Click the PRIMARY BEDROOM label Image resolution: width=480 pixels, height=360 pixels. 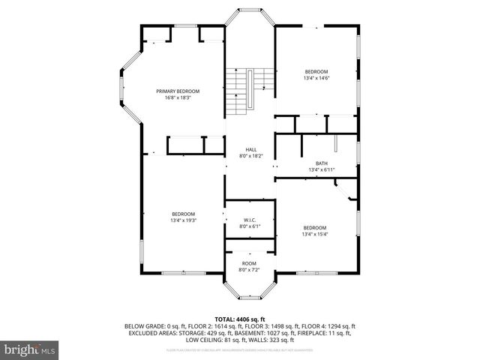(x=178, y=91)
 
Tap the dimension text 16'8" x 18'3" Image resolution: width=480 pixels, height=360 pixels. (x=178, y=97)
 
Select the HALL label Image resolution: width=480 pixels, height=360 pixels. (x=251, y=150)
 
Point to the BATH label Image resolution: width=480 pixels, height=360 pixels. (x=322, y=163)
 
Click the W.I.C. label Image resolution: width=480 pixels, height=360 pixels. (x=250, y=220)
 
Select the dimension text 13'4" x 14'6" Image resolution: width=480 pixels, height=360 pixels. (x=316, y=78)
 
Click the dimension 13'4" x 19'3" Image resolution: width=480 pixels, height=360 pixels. (x=183, y=220)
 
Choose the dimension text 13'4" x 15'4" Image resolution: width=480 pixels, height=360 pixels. (x=314, y=234)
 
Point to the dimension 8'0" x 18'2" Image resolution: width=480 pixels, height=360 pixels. (x=251, y=156)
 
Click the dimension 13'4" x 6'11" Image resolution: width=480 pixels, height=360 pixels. (x=322, y=169)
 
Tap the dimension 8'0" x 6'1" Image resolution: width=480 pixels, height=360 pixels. (x=250, y=226)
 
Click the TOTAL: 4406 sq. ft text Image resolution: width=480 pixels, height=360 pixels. (x=240, y=319)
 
